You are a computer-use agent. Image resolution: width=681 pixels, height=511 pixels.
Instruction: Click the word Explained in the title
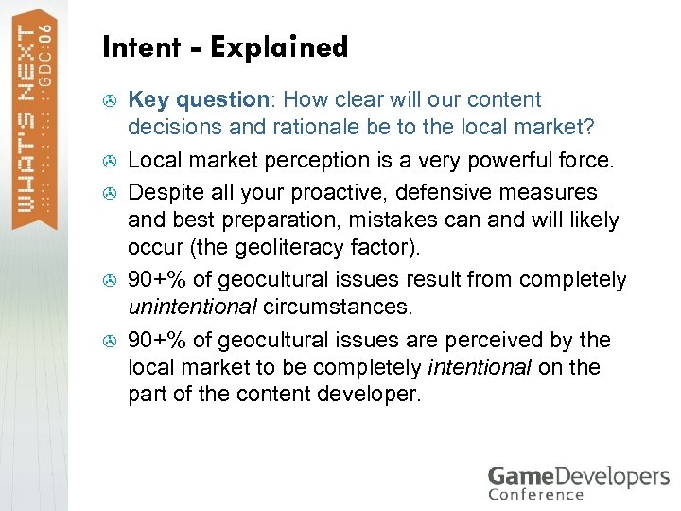[x=280, y=47]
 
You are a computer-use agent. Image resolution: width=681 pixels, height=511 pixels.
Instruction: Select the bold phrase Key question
[x=199, y=100]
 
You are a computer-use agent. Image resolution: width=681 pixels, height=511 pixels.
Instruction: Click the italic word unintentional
[x=192, y=308]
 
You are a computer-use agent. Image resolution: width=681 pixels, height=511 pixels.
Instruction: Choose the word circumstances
[x=338, y=308]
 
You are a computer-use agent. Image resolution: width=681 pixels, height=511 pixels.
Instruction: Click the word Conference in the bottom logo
[x=536, y=493]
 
